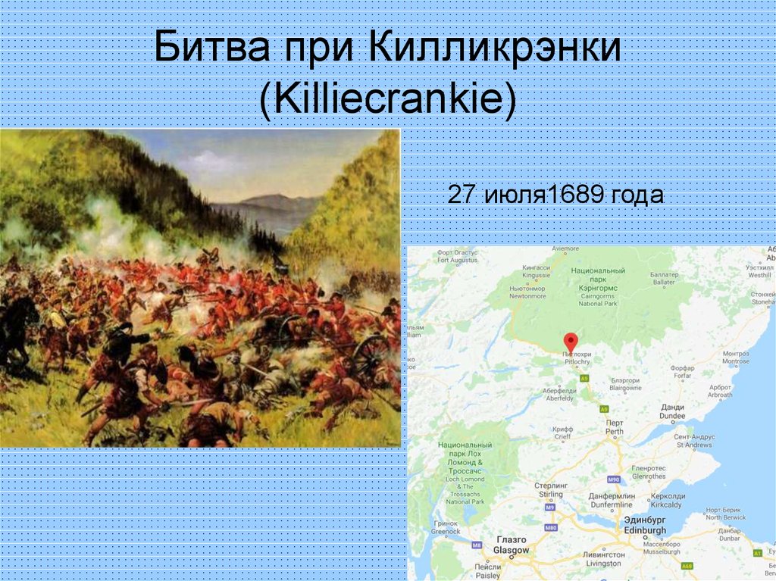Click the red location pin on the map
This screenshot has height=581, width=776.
point(571,342)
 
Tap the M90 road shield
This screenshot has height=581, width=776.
point(613,479)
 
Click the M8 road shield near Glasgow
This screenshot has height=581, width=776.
point(477,545)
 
